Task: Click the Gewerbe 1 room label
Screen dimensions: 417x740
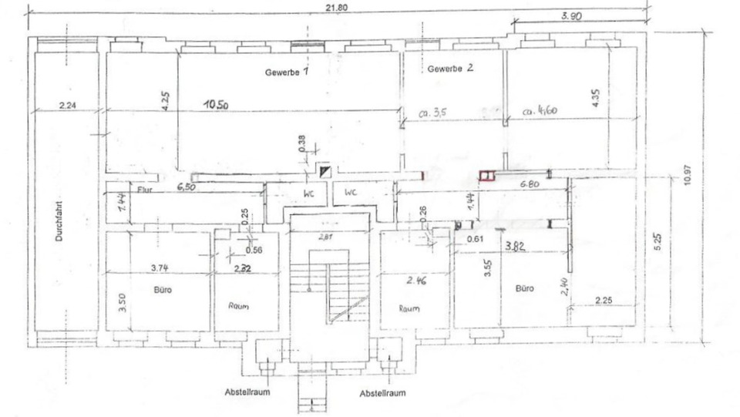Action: pyautogui.click(x=287, y=72)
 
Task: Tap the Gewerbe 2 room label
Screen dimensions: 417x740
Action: pyautogui.click(x=451, y=69)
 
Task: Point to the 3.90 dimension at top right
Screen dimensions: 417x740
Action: pyautogui.click(x=570, y=16)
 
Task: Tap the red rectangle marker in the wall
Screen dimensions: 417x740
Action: pyautogui.click(x=486, y=177)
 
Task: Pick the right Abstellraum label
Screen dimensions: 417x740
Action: pyautogui.click(x=383, y=393)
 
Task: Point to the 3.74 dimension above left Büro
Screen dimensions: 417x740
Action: pyautogui.click(x=160, y=267)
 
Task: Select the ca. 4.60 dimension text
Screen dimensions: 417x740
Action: pyautogui.click(x=540, y=110)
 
